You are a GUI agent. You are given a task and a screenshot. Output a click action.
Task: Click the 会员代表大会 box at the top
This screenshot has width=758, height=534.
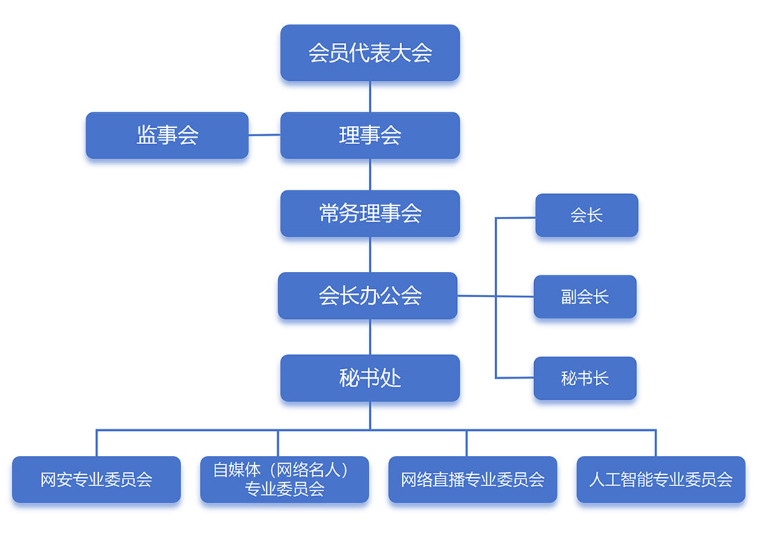click(x=370, y=53)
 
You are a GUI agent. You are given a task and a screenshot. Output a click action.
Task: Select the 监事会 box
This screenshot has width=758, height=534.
click(x=167, y=135)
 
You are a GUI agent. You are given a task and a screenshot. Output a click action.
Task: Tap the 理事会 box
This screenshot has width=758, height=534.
click(x=370, y=135)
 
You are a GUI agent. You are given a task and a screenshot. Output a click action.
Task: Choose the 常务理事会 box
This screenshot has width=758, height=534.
click(x=370, y=214)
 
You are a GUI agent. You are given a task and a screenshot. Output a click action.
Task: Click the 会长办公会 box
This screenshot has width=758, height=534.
click(x=368, y=296)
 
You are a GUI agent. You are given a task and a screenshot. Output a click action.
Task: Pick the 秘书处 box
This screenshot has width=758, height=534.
click(x=370, y=378)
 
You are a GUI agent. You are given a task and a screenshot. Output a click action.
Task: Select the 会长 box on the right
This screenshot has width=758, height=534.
click(x=587, y=215)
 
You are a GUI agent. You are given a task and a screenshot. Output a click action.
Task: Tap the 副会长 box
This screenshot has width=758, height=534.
click(x=585, y=297)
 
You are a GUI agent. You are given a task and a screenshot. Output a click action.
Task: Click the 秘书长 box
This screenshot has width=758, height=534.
click(x=585, y=378)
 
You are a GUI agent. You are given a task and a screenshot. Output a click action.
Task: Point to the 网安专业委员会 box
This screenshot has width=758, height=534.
click(x=96, y=479)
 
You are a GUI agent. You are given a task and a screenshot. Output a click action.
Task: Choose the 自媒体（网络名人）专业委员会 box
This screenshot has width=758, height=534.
click(x=284, y=479)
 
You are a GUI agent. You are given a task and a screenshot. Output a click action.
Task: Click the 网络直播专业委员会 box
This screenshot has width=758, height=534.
click(x=472, y=479)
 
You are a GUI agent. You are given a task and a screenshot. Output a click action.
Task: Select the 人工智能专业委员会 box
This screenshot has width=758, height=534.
click(x=660, y=479)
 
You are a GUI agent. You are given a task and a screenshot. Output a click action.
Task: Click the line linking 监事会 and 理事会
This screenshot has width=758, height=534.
click(x=265, y=135)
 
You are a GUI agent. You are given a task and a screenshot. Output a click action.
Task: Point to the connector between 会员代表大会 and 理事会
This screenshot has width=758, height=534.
click(x=370, y=96)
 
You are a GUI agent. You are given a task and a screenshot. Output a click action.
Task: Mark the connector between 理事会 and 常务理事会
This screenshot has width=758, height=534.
click(x=370, y=174)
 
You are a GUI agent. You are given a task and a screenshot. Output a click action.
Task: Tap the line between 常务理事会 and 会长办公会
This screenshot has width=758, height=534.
click(x=370, y=254)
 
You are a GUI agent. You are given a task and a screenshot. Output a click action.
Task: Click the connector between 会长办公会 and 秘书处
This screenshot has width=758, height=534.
click(x=370, y=337)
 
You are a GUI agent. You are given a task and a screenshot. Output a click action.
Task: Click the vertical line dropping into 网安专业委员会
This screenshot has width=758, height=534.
click(x=97, y=443)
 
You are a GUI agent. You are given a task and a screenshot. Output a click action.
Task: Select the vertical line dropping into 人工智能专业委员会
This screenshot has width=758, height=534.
click(x=656, y=443)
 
